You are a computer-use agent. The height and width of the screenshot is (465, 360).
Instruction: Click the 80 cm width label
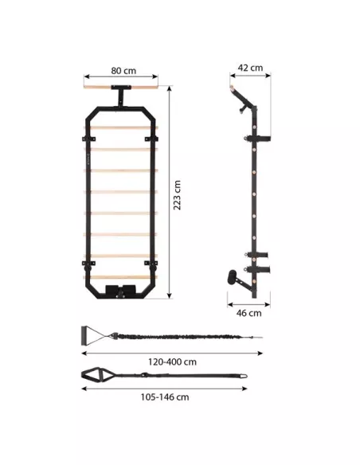pyautogui.click(x=123, y=71)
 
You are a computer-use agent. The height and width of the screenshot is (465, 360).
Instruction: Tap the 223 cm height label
pyautogui.click(x=177, y=195)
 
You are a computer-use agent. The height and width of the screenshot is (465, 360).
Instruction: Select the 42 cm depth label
pyautogui.click(x=250, y=68)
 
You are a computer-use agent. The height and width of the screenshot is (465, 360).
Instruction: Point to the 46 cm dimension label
pyautogui.click(x=249, y=313)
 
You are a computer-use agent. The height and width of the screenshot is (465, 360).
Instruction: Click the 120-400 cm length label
pyautogui.click(x=172, y=361)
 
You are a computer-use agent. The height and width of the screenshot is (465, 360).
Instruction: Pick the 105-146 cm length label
pyautogui.click(x=165, y=397)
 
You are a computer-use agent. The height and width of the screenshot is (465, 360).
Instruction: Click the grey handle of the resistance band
pyautogui.click(x=84, y=336)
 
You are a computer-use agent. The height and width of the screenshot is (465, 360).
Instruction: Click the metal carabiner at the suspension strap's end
pyautogui.click(x=243, y=376)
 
